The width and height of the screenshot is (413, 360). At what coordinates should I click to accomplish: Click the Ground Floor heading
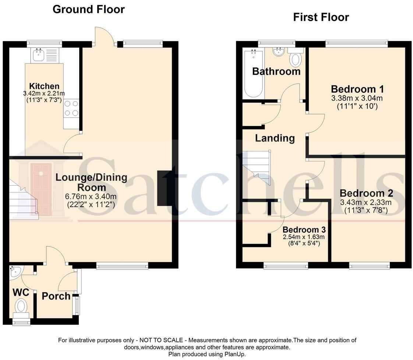[88, 9]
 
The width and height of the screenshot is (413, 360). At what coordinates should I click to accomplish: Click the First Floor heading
[321, 17]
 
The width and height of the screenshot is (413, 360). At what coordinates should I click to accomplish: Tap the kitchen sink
[39, 56]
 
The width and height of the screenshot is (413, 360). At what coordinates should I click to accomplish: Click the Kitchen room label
[44, 86]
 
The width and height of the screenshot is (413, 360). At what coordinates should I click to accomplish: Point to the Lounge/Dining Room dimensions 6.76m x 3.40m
[91, 196]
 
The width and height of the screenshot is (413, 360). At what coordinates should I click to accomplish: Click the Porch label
[56, 296]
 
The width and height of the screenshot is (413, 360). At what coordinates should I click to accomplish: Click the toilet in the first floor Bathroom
[295, 59]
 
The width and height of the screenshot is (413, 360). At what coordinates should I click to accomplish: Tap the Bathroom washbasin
[279, 52]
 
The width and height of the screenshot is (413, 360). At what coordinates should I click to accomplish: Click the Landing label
[275, 138]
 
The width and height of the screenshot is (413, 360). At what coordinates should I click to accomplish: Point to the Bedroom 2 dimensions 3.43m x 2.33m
[366, 202]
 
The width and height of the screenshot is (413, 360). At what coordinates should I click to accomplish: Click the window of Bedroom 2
[369, 265]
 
